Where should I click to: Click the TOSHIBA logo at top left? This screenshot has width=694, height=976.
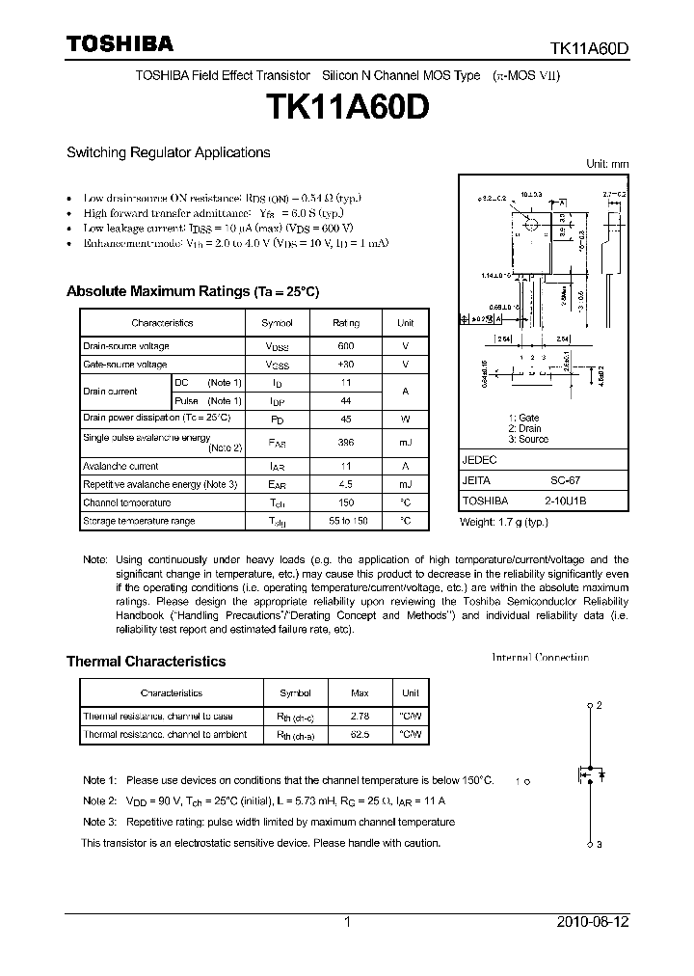pyautogui.click(x=120, y=43)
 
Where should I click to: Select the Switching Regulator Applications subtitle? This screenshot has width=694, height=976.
pyautogui.click(x=168, y=152)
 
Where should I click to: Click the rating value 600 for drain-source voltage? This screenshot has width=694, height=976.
pyautogui.click(x=346, y=345)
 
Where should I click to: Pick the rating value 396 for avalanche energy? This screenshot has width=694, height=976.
pyautogui.click(x=346, y=442)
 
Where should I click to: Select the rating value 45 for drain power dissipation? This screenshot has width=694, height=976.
pyautogui.click(x=346, y=418)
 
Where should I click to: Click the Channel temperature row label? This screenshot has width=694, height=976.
pyautogui.click(x=127, y=502)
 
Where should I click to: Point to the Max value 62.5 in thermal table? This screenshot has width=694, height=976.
pyautogui.click(x=360, y=734)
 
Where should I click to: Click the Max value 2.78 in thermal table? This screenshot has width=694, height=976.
pyautogui.click(x=360, y=717)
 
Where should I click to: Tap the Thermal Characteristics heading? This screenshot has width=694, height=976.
pyautogui.click(x=146, y=662)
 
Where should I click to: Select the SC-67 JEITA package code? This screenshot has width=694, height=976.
pyautogui.click(x=565, y=480)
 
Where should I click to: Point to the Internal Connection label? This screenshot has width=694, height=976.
pyautogui.click(x=540, y=658)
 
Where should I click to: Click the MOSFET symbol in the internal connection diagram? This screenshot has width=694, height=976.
pyautogui.click(x=589, y=775)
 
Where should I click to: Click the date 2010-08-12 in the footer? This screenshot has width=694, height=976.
pyautogui.click(x=593, y=922)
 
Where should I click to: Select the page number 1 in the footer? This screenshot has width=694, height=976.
pyautogui.click(x=347, y=922)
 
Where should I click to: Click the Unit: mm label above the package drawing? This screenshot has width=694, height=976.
pyautogui.click(x=607, y=164)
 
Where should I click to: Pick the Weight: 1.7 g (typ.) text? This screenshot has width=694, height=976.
pyautogui.click(x=504, y=521)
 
